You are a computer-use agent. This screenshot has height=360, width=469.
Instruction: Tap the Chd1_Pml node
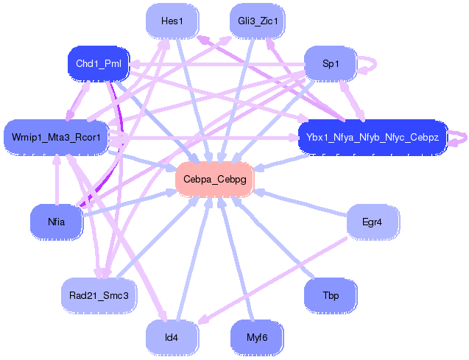pos(99,64)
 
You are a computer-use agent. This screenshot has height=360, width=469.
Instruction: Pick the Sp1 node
pos(331,64)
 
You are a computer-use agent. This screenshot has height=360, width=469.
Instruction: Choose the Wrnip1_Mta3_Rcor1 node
pos(57,137)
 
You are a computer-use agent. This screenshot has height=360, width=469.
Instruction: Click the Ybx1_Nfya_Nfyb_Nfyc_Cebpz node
pos(373,138)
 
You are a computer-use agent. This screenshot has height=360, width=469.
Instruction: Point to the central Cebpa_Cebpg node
pos(214,180)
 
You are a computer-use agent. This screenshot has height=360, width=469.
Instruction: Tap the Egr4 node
pos(373,221)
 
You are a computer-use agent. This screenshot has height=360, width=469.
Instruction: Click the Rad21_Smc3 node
pos(99,295)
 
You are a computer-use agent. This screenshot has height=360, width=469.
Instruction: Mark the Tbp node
pos(331,295)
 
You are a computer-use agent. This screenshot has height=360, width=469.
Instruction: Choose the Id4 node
pos(172,338)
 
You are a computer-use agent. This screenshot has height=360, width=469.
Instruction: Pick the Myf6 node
pos(257,338)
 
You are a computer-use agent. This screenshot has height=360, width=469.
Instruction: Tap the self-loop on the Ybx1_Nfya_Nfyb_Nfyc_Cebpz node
pos(458,138)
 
